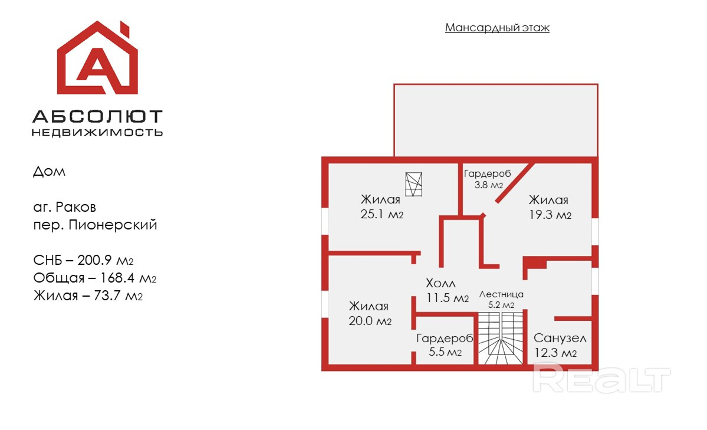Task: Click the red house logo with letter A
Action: (x=97, y=59)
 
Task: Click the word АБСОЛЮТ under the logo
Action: (x=97, y=116)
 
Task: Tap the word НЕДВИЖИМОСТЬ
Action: (x=97, y=133)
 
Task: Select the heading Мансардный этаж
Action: (x=497, y=28)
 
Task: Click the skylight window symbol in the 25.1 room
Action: (x=414, y=183)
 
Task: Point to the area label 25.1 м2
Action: (x=382, y=214)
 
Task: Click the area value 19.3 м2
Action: (x=550, y=215)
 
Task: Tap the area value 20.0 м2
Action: (x=370, y=321)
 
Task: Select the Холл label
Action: (x=440, y=284)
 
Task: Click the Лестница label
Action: (x=501, y=294)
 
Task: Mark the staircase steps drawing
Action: (x=500, y=339)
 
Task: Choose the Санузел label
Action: (x=560, y=339)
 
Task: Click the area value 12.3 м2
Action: (x=555, y=353)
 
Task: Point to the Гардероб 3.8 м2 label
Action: (x=487, y=179)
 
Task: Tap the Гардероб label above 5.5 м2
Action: (x=445, y=339)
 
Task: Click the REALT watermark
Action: (x=601, y=378)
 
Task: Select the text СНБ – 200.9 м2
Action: (x=87, y=260)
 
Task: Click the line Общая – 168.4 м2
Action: (x=94, y=278)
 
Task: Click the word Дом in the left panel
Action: (x=50, y=172)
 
